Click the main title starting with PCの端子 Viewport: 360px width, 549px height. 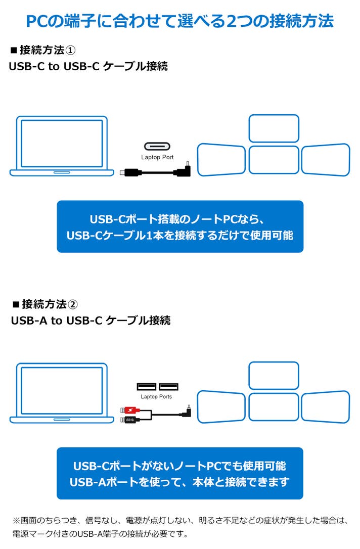coord(179,21)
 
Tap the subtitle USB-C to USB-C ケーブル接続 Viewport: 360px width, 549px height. coord(88,67)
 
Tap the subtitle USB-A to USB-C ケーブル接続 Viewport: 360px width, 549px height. coord(91,321)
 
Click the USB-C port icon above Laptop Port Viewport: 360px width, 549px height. coord(157,147)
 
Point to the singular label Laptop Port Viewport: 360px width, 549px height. coord(157,157)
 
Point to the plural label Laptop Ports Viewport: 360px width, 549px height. coord(156,397)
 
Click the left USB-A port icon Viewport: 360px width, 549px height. coord(146,387)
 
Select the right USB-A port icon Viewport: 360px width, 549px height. coord(168,387)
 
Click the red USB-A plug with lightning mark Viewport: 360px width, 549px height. coord(127,410)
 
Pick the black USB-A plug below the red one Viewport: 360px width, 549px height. coord(127,420)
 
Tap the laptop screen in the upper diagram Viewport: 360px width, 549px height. coord(62,143)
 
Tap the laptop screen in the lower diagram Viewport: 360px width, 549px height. coord(62,389)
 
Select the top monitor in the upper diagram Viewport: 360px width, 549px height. coord(274,128)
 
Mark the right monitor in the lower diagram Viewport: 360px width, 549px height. coord(326,406)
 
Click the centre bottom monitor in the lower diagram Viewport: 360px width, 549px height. coord(274,407)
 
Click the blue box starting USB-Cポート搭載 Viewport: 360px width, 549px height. coord(180,226)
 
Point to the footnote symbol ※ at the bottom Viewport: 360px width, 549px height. coord(15,520)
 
